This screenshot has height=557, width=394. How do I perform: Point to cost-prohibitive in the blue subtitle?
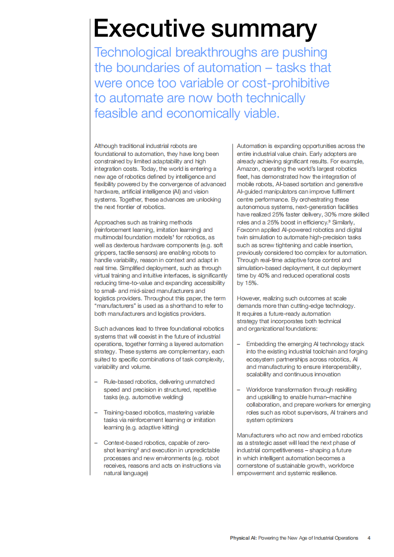278,82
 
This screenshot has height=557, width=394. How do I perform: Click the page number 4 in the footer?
369,538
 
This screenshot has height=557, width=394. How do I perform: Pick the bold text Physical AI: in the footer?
243,538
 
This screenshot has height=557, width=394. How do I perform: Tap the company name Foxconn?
249,230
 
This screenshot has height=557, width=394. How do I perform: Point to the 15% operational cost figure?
251,283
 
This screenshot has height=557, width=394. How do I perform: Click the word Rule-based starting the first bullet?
118,382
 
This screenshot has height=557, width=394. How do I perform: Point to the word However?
248,298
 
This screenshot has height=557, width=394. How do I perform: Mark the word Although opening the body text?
105,146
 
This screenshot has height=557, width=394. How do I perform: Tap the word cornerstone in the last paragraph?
254,466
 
